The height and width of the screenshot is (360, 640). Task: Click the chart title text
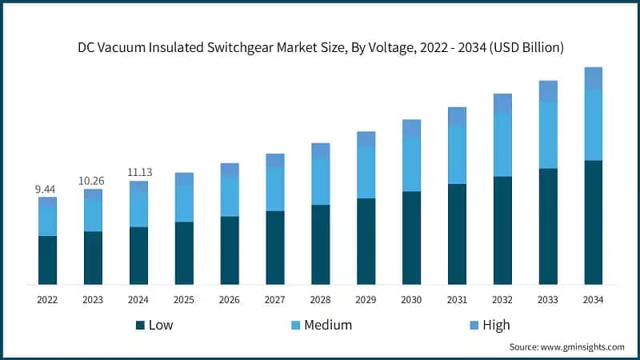pos(321,47)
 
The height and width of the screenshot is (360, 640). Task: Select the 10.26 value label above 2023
pos(93,181)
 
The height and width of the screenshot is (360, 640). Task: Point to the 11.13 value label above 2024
pos(138,172)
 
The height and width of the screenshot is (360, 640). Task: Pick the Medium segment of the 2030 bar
pos(411,164)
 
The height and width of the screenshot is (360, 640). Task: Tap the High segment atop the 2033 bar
pos(548,91)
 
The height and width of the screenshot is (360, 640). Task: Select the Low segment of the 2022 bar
pos(47,260)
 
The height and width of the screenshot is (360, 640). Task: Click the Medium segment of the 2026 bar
pos(230,196)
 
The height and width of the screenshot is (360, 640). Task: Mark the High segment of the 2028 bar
pos(320,151)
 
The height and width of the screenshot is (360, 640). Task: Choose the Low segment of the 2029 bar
pos(366,241)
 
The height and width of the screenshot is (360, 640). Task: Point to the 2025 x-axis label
pos(184,299)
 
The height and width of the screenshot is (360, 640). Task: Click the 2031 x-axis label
pos(457,299)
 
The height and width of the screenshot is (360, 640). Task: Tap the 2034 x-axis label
pos(594,299)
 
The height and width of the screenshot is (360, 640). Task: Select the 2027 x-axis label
pos(274,299)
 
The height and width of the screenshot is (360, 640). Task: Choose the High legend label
pos(495,325)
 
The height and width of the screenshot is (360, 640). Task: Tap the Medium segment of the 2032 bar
pos(502,145)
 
